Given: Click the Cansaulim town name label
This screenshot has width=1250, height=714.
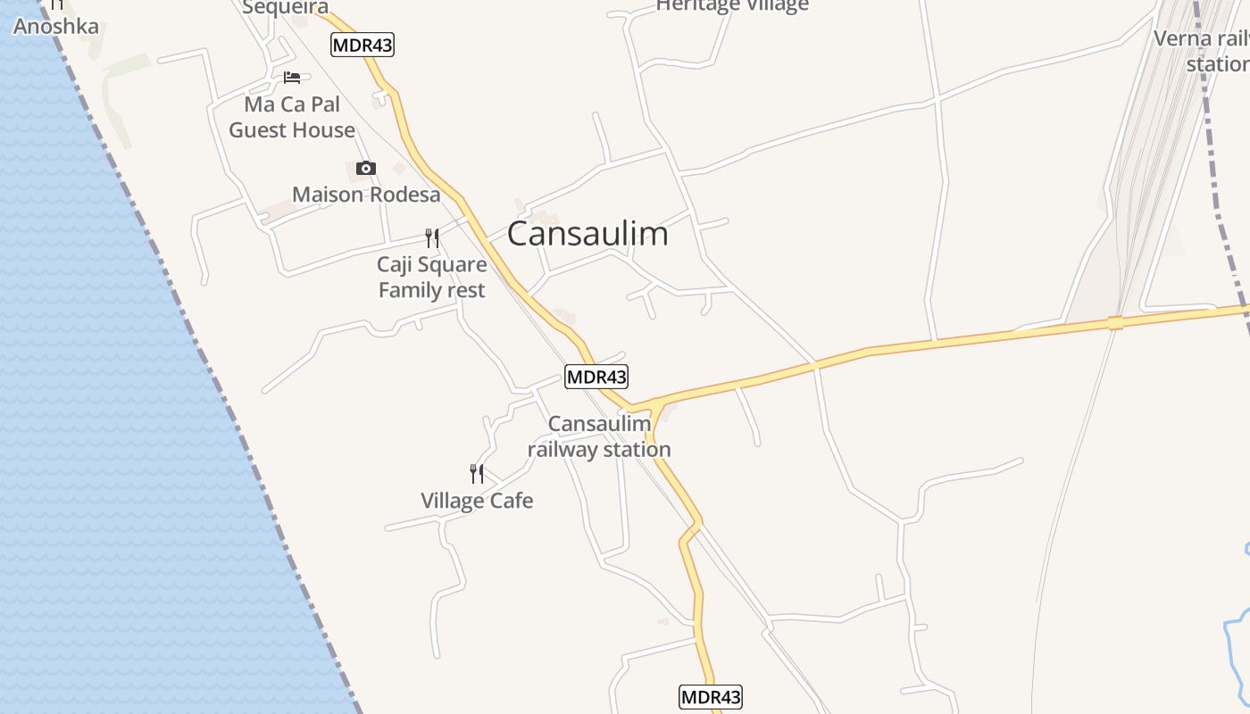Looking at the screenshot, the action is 587,234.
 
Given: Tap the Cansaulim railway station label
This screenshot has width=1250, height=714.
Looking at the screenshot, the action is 598,437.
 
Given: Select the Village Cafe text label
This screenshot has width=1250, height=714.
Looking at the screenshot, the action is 477,501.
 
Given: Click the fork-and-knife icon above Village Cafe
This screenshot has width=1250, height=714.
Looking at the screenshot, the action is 477,473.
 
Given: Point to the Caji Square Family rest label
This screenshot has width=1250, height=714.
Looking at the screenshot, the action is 432,278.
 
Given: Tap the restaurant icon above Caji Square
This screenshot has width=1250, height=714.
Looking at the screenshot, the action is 432,237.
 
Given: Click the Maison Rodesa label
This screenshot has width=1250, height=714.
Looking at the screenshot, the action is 366,195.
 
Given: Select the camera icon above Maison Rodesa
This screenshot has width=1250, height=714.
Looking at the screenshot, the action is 366,169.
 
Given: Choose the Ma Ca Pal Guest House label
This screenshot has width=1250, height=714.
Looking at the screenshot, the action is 292,117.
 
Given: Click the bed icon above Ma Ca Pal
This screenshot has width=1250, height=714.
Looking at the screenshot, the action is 292,78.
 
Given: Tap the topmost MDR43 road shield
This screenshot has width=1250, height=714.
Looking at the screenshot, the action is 362,45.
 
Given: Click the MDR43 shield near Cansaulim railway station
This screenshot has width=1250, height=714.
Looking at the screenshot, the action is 596,377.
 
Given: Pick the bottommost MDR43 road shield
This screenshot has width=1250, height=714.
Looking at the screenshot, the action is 711,697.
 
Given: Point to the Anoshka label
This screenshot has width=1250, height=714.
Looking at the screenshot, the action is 55,26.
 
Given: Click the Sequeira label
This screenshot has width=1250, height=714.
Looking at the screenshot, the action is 286,8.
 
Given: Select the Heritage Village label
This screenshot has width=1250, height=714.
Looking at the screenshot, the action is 732,6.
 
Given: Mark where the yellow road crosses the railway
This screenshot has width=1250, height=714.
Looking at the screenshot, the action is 1115,322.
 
